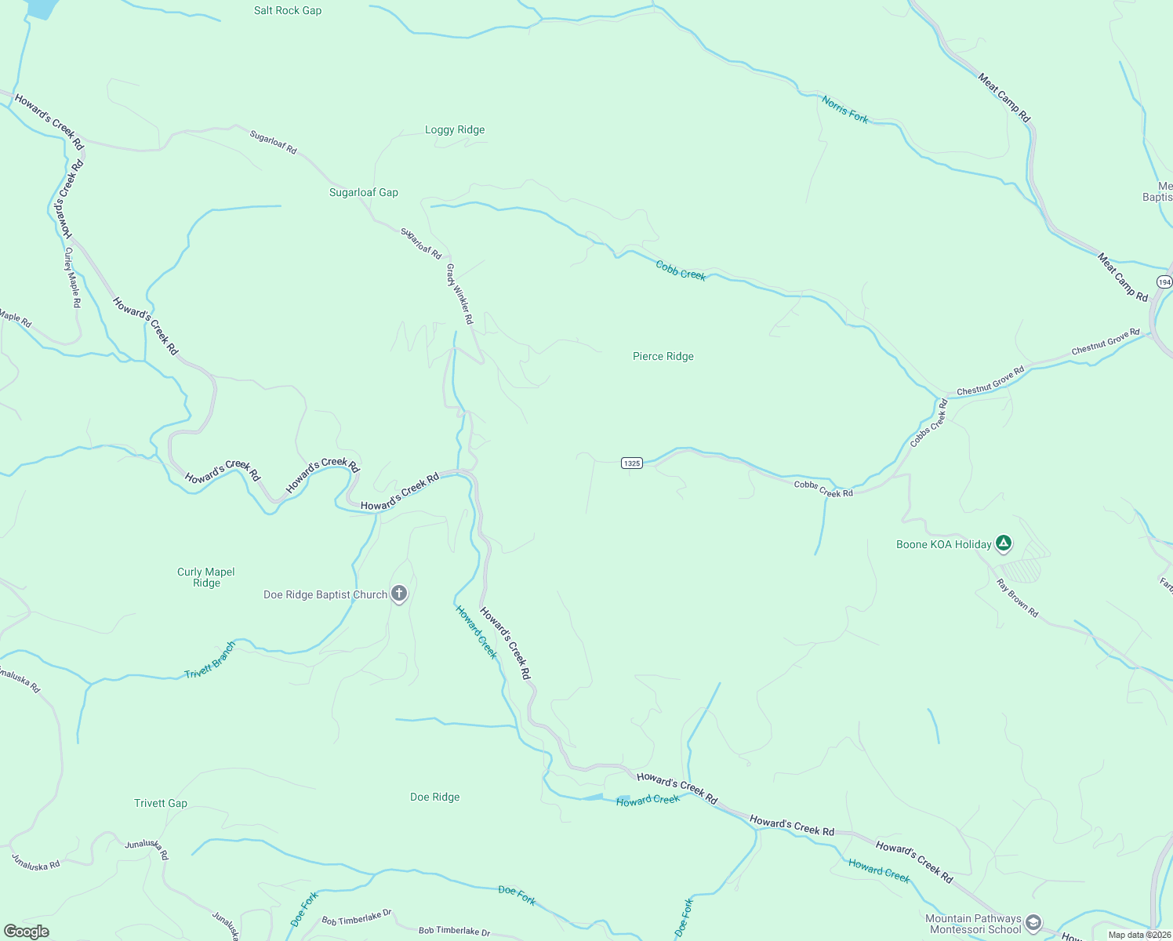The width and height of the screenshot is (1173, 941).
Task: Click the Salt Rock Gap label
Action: pyautogui.click(x=288, y=11)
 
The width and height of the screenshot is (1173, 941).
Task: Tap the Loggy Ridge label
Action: pyautogui.click(x=455, y=130)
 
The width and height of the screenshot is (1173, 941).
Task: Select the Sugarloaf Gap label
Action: pyautogui.click(x=364, y=193)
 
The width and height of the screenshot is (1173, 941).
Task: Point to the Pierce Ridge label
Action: pyautogui.click(x=663, y=357)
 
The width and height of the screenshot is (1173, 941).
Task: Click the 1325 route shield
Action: pyautogui.click(x=632, y=463)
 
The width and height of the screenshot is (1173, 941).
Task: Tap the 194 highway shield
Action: pyautogui.click(x=1164, y=282)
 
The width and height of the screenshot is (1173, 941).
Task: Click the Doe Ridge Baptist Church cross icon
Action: pyautogui.click(x=399, y=594)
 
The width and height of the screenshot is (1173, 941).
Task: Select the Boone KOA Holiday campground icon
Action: pyautogui.click(x=1004, y=543)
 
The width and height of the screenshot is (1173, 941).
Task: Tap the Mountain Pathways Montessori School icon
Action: pyautogui.click(x=1033, y=923)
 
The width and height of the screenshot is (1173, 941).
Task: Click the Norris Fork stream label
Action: pyautogui.click(x=845, y=109)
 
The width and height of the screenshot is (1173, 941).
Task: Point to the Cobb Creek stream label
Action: pyautogui.click(x=681, y=271)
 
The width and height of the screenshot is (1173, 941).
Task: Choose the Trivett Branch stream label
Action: pyautogui.click(x=210, y=661)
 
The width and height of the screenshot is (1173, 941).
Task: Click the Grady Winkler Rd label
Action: pyautogui.click(x=459, y=294)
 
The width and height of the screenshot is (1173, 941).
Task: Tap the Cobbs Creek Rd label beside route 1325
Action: pyautogui.click(x=823, y=489)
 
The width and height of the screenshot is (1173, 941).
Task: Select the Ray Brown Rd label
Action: pyautogui.click(x=1017, y=598)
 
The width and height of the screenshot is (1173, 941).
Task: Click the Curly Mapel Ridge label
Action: pyautogui.click(x=206, y=578)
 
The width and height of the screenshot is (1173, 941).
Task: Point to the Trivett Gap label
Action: pyautogui.click(x=161, y=804)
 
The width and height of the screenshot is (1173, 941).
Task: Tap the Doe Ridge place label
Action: pyautogui.click(x=435, y=797)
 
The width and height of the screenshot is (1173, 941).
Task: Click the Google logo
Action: pyautogui.click(x=27, y=932)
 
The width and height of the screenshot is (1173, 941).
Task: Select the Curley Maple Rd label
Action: pyautogui.click(x=72, y=278)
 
